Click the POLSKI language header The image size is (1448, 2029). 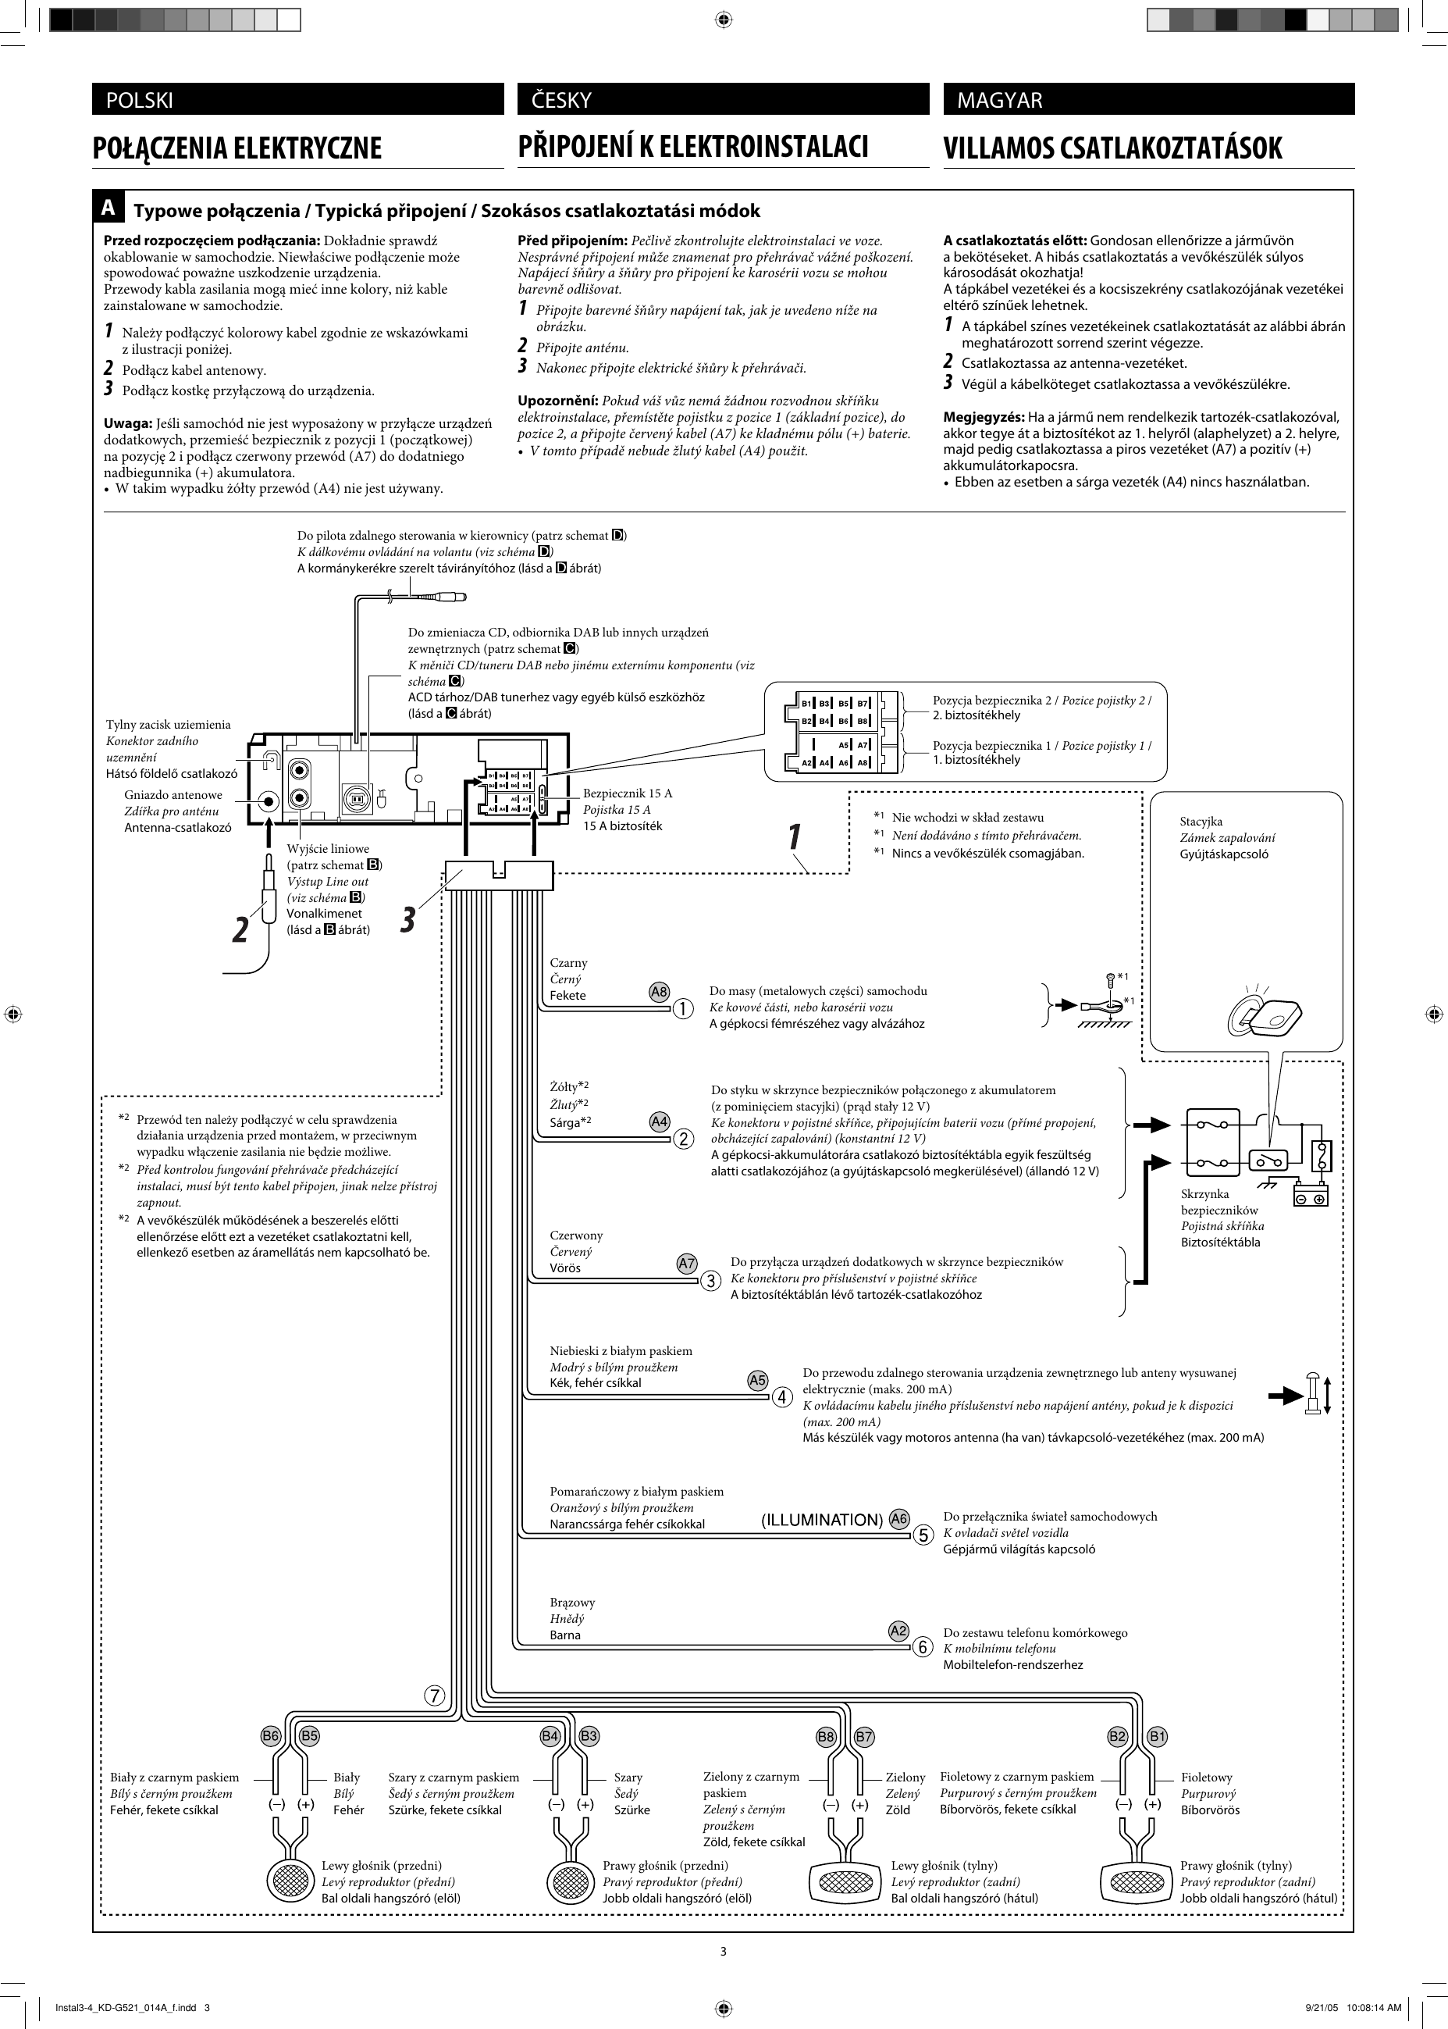click(139, 100)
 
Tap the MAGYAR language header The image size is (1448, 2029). click(998, 100)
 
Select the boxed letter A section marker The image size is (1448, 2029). click(108, 208)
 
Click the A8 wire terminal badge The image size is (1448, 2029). click(659, 992)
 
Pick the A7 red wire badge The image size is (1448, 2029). click(687, 1264)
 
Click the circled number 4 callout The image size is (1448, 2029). click(782, 1397)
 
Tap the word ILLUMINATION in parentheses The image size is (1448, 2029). click(822, 1520)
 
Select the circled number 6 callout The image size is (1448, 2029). click(923, 1647)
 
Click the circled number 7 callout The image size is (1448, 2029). click(434, 1696)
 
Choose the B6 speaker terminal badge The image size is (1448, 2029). click(270, 1736)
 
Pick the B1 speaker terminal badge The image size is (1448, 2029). click(1158, 1736)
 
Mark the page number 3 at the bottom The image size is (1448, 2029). click(723, 1952)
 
